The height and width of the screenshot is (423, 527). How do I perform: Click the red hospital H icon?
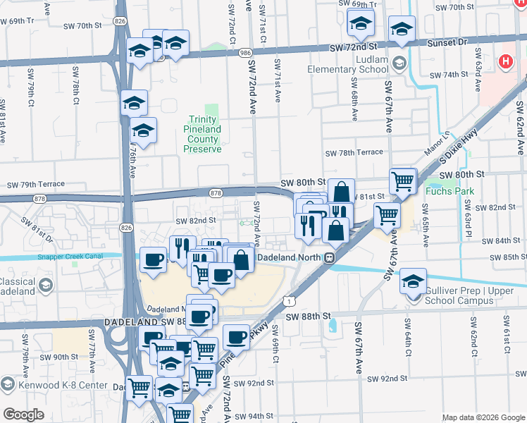[x=504, y=62]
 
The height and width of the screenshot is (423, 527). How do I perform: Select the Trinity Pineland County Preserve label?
[x=204, y=134]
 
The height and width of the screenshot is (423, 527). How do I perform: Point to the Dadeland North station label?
[x=289, y=257]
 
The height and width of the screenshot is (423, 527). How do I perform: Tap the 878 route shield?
[x=216, y=192]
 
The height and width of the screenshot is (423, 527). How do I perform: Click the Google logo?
[x=24, y=415]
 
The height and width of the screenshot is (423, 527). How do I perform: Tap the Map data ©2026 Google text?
[x=483, y=417]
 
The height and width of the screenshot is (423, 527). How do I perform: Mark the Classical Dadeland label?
[x=18, y=286]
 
